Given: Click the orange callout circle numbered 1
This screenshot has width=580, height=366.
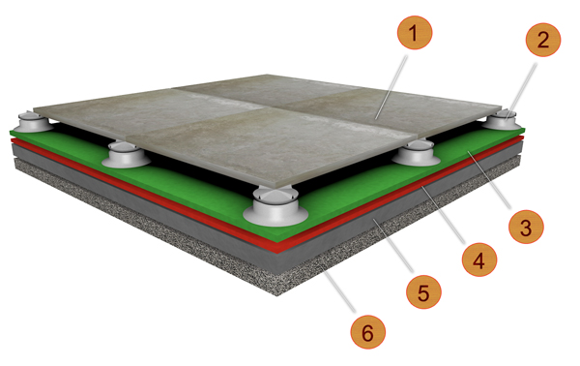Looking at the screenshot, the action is pyautogui.click(x=415, y=33).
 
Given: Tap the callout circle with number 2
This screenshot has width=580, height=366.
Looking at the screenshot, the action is pyautogui.click(x=543, y=40).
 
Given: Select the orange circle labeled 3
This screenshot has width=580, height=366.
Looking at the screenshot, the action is pyautogui.click(x=526, y=227).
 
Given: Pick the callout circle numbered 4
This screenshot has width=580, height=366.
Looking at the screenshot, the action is pyautogui.click(x=479, y=259).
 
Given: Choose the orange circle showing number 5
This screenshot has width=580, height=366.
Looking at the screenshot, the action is pyautogui.click(x=423, y=291).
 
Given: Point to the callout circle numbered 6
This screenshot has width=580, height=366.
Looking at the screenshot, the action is pyautogui.click(x=367, y=331).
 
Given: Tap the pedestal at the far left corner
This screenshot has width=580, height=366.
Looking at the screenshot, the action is pyautogui.click(x=32, y=122).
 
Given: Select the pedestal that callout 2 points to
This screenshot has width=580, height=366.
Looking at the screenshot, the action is pyautogui.click(x=504, y=119).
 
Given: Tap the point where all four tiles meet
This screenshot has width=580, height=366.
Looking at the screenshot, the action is pyautogui.click(x=275, y=108).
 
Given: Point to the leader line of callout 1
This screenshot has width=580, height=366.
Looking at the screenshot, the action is pyautogui.click(x=391, y=87).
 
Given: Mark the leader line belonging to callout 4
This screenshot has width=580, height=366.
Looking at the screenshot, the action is pyautogui.click(x=443, y=215).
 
